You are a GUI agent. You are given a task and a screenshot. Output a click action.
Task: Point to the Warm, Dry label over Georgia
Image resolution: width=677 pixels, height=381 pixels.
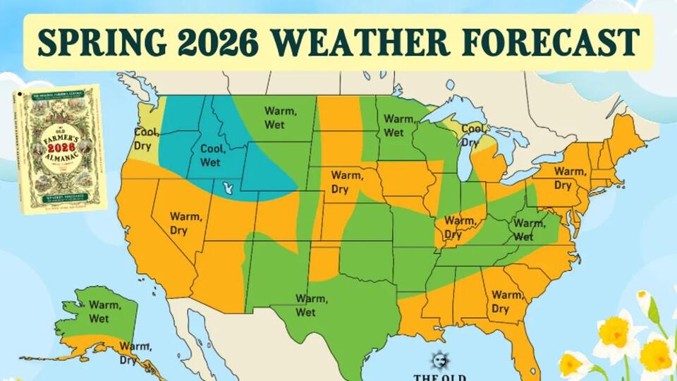(506, 301)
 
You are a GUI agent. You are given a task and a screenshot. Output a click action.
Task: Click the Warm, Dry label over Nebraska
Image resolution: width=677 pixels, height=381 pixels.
(346, 181)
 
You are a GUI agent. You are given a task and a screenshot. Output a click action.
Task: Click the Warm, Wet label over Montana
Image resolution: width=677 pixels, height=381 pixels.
(280, 117)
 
